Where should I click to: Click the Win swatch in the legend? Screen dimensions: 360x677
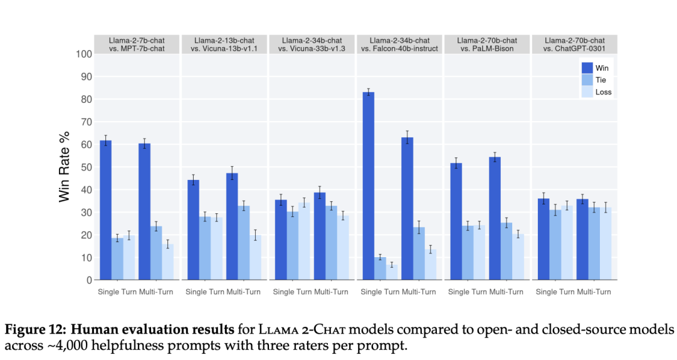tap(587, 68)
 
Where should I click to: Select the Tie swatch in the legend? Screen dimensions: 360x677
tap(587, 80)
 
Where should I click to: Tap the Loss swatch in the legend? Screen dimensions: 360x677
tap(587, 92)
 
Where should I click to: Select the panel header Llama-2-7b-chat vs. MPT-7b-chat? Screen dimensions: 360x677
tap(137, 45)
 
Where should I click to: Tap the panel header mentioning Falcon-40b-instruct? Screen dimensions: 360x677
tap(399, 45)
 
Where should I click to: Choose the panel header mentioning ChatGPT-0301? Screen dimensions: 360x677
tap(575, 45)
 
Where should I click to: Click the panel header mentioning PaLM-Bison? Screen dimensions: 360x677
tap(487, 45)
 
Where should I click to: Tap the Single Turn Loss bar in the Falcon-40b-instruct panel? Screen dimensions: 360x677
tap(392, 272)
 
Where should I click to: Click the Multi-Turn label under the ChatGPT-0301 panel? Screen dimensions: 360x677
tap(594, 292)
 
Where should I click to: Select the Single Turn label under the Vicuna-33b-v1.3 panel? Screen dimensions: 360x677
tap(293, 292)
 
